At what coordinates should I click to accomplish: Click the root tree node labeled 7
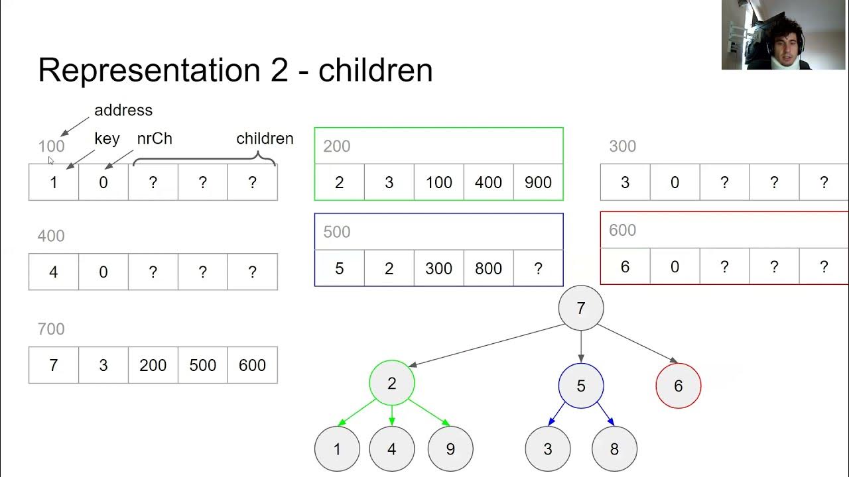coord(581,308)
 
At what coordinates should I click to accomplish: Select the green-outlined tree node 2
coord(392,383)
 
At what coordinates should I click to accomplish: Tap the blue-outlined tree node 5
coord(581,386)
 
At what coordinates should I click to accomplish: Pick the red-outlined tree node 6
coord(678,386)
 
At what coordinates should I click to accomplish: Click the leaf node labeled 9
coord(450,449)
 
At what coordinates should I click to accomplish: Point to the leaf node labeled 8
coord(614,449)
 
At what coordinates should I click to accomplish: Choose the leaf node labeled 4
coord(392,449)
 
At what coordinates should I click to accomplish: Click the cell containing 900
coord(538,183)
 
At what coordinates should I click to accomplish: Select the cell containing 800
coord(488,268)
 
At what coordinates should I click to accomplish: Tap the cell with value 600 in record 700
coord(252,365)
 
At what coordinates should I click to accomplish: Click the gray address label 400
coord(51,236)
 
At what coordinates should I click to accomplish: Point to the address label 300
coord(622,146)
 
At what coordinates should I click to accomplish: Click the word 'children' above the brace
coord(265,138)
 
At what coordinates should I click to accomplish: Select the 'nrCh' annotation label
coord(155,138)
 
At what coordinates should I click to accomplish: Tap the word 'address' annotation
coord(123,110)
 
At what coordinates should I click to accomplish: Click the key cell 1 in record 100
coord(54,183)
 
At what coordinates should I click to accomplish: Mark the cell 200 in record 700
coord(153,365)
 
